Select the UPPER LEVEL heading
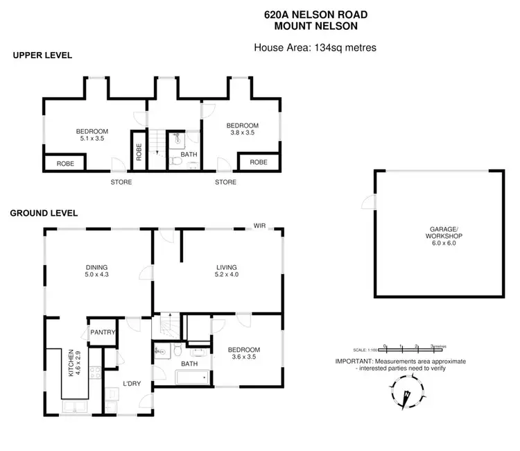pyautogui.click(x=42, y=55)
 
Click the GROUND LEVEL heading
pyautogui.click(x=44, y=213)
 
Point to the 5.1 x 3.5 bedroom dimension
pyautogui.click(x=92, y=139)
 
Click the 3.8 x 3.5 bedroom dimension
pyautogui.click(x=243, y=133)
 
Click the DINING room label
pyautogui.click(x=97, y=266)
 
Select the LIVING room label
pyautogui.click(x=226, y=266)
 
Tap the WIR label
pyautogui.click(x=260, y=226)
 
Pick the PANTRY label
pyautogui.click(x=102, y=332)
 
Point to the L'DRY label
pyautogui.click(x=132, y=384)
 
